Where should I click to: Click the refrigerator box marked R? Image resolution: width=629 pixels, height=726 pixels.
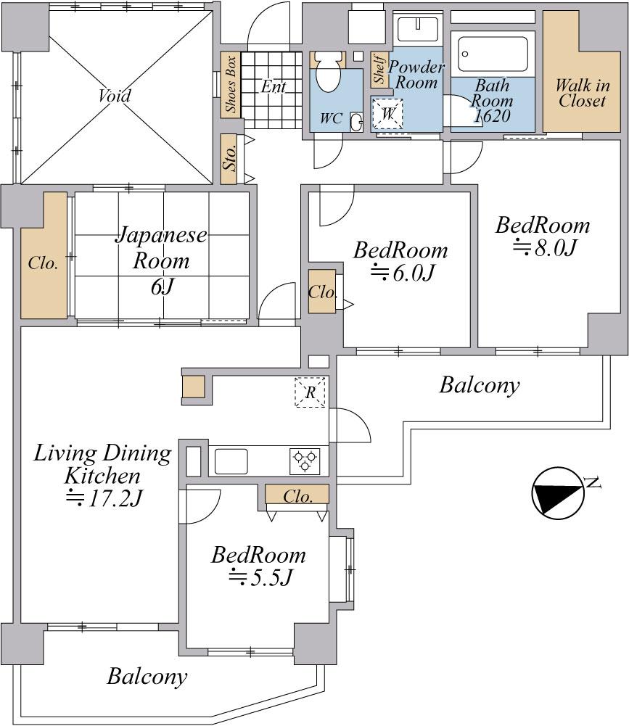(310, 393)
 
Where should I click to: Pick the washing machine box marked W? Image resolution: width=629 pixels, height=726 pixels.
(388, 114)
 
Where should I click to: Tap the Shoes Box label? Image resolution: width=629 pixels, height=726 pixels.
(231, 85)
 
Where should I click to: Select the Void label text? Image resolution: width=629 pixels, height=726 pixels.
(115, 96)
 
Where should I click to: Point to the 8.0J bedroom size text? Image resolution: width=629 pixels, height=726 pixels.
(544, 249)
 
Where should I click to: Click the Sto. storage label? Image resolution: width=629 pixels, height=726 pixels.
(230, 159)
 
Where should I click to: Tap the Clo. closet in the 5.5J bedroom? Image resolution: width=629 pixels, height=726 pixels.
(297, 497)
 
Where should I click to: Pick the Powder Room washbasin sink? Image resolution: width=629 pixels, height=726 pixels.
(418, 28)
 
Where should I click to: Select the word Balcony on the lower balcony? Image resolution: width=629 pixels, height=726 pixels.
(147, 677)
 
